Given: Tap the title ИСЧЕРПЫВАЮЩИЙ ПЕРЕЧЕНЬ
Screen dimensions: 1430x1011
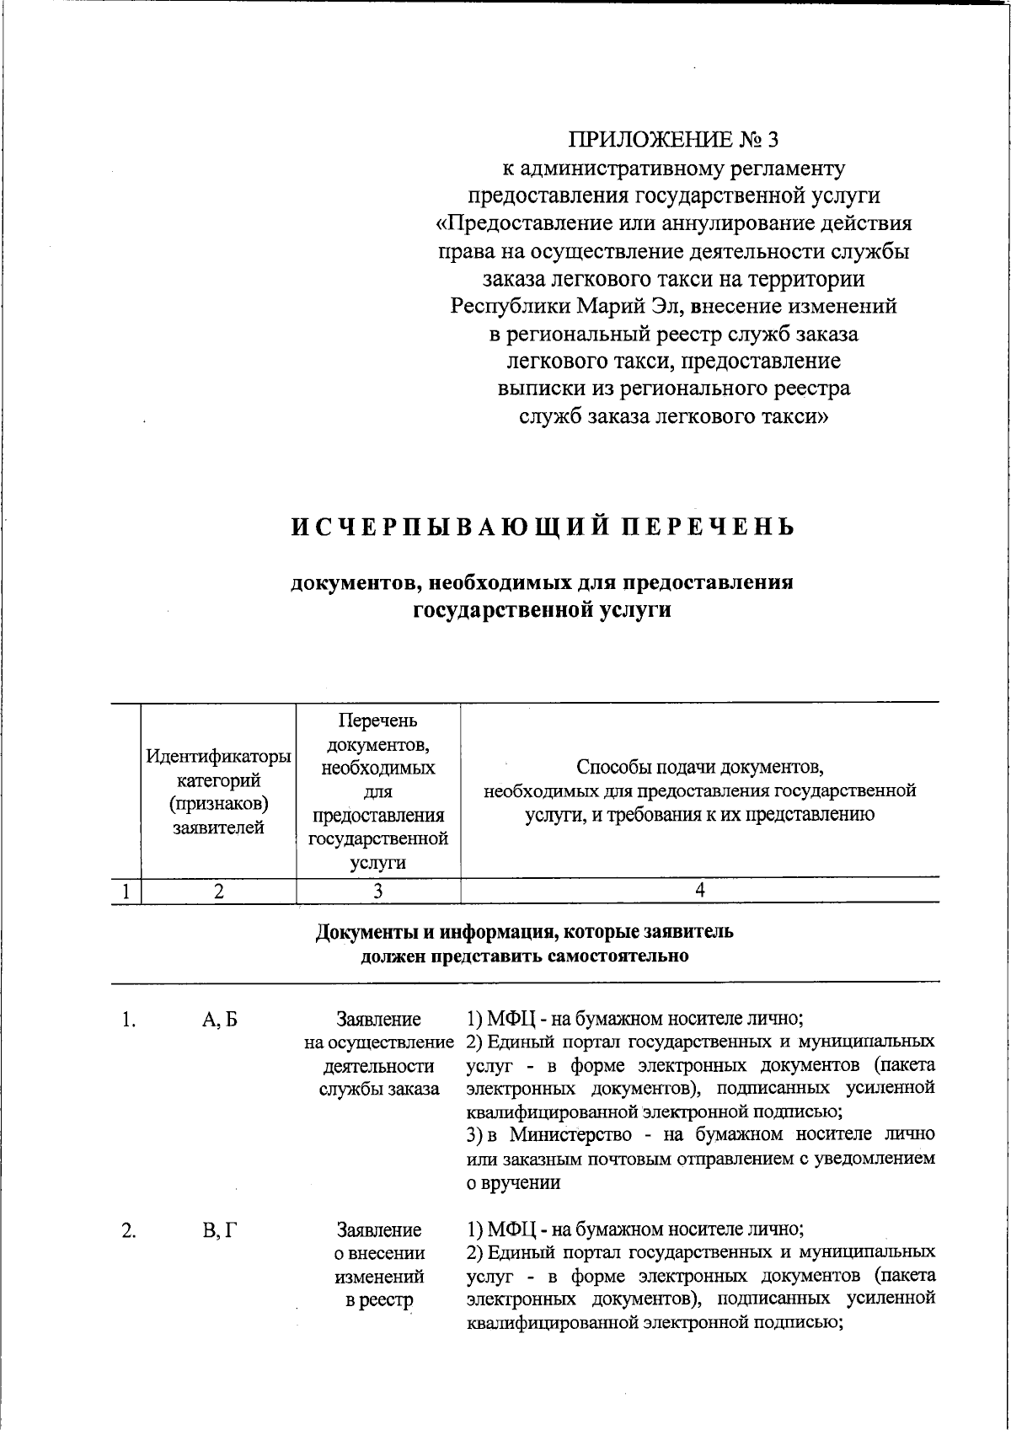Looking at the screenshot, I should (543, 528).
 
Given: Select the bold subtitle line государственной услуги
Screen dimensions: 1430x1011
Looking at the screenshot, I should (542, 610).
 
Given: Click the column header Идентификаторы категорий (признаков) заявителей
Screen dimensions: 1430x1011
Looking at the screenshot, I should (218, 791).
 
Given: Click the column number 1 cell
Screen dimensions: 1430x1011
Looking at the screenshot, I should (126, 891).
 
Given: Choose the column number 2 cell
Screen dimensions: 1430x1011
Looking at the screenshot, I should (218, 891).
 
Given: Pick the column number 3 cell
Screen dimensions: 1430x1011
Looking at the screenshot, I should (378, 891).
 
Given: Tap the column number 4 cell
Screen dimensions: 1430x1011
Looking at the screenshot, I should (699, 890).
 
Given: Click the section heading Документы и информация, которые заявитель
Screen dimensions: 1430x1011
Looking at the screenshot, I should (524, 932).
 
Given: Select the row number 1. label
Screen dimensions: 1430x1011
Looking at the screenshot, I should (128, 1020).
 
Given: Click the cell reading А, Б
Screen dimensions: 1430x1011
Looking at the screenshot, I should (220, 1020).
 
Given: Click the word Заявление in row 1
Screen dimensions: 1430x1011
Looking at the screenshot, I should (378, 1020).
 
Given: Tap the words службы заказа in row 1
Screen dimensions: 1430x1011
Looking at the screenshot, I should (378, 1089).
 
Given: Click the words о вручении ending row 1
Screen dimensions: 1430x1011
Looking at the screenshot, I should (513, 1181).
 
